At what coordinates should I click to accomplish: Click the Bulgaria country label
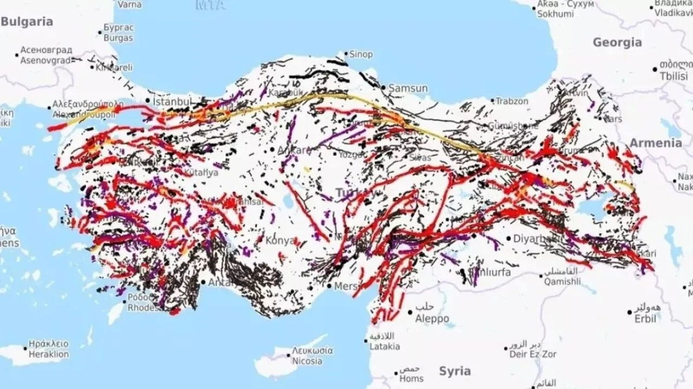tap(27, 22)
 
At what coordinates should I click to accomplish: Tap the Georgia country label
tap(617, 42)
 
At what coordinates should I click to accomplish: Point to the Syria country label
tap(455, 371)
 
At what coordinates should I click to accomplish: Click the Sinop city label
tap(361, 55)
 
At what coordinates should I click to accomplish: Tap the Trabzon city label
tap(512, 101)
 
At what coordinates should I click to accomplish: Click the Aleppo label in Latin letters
tap(432, 319)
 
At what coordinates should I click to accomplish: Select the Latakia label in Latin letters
tap(385, 346)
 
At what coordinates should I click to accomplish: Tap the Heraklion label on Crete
tap(47, 354)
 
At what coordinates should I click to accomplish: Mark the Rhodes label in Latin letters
tap(143, 308)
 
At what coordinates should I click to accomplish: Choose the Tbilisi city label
tap(673, 77)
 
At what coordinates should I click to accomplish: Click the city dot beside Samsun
tap(383, 87)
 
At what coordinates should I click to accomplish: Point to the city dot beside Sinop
tap(346, 54)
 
